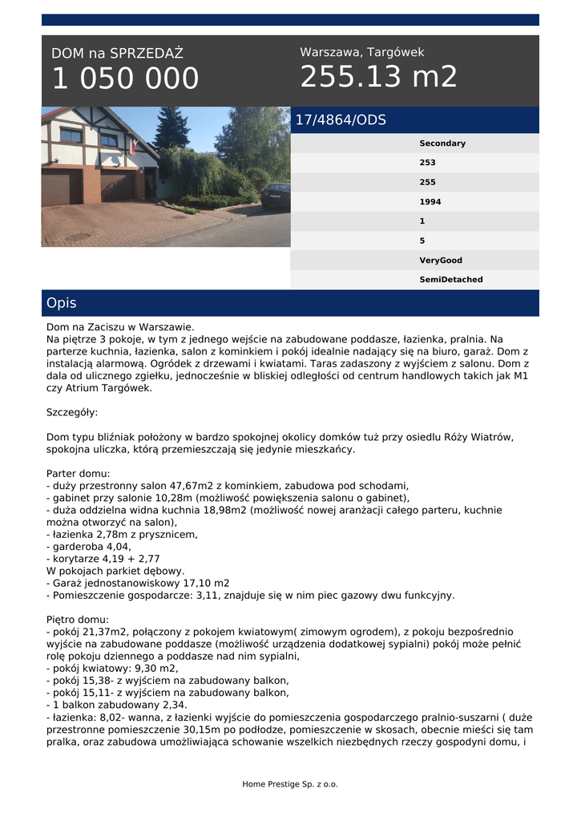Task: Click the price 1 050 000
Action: [125, 79]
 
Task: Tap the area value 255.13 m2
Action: [378, 77]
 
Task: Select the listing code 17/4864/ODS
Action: [341, 120]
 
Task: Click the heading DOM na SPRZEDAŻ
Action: [117, 54]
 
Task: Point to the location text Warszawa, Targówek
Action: [361, 52]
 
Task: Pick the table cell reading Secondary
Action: [442, 144]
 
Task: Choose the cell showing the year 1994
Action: [430, 202]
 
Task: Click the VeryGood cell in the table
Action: [440, 261]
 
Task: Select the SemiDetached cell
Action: [450, 280]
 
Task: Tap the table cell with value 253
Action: [427, 163]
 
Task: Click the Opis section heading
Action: [62, 303]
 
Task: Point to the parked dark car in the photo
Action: [276, 196]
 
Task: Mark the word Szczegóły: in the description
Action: [72, 412]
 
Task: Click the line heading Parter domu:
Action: [79, 474]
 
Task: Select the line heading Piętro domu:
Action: [78, 620]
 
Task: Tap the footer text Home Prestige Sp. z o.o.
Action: [290, 784]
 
